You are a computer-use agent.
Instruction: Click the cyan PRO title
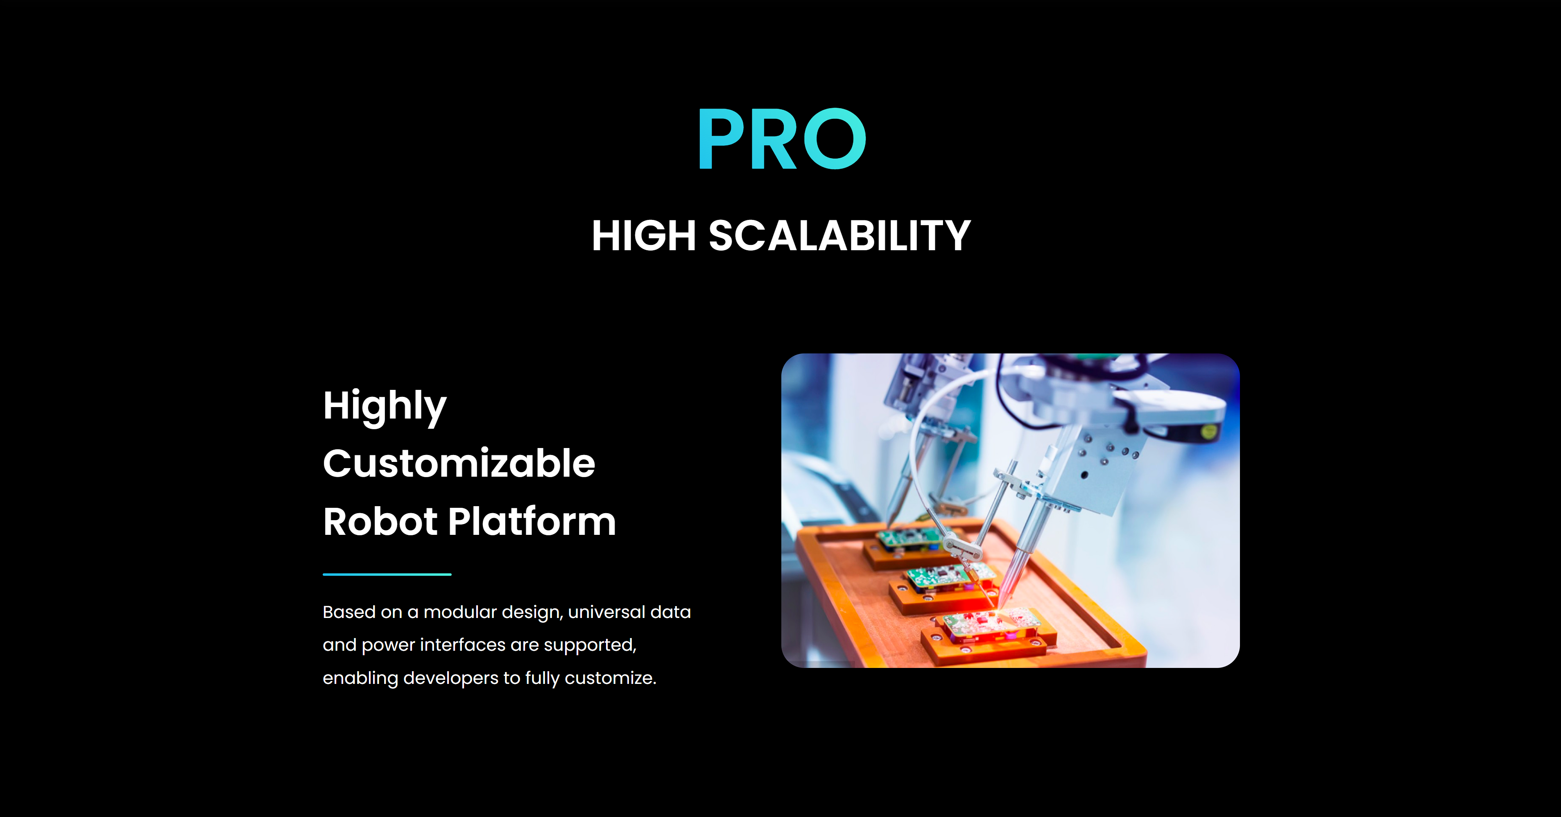tap(782, 139)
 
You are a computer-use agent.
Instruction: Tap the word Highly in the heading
tap(385, 406)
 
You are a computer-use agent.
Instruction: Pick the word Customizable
tap(459, 464)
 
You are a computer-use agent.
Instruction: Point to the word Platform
tap(532, 521)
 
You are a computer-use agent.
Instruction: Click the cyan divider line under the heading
tap(387, 574)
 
